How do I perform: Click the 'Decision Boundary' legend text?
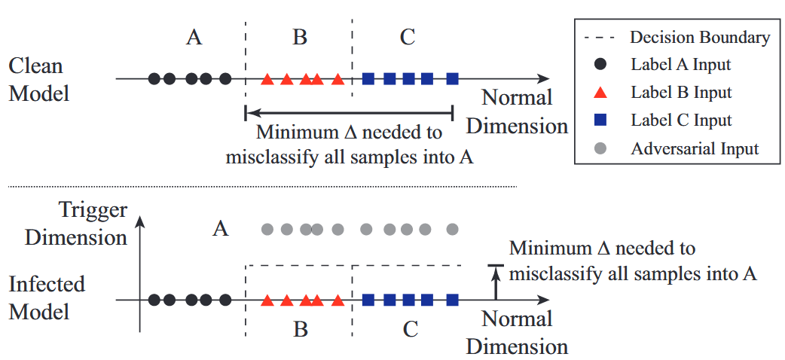click(699, 38)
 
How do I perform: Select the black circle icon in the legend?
click(597, 65)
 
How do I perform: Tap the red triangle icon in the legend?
click(597, 93)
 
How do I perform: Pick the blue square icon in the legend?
click(597, 121)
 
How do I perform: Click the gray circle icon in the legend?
click(597, 148)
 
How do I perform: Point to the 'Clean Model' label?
click(38, 80)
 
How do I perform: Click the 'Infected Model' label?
click(47, 297)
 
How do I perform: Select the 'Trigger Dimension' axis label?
click(76, 224)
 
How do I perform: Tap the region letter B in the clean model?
click(300, 37)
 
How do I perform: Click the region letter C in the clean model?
click(407, 37)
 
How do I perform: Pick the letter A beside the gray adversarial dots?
click(220, 228)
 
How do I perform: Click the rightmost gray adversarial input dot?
click(452, 229)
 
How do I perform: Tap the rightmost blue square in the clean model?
click(452, 78)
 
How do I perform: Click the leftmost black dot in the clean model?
click(154, 78)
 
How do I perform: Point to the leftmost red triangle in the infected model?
click(267, 301)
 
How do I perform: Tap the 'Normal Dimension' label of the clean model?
click(517, 111)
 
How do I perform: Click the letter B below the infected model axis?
click(300, 330)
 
